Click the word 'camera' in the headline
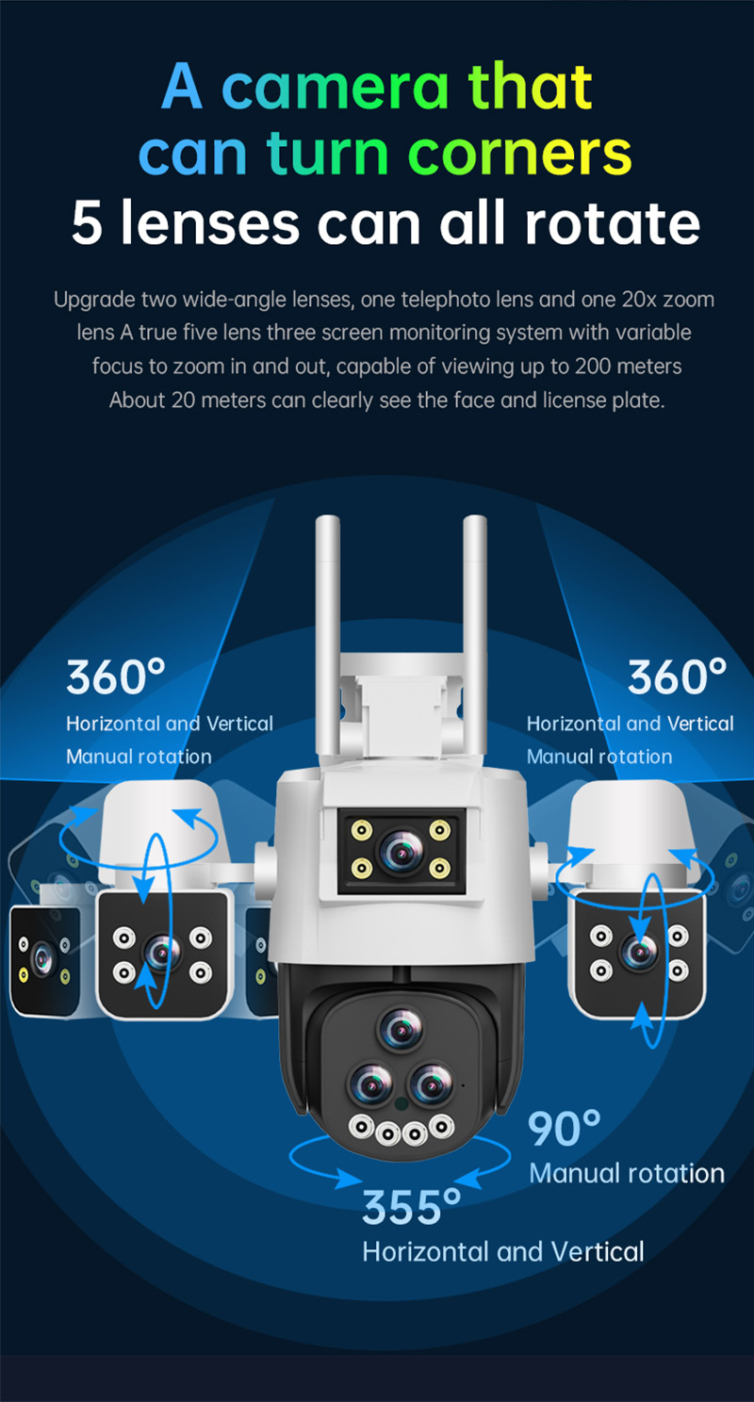(335, 87)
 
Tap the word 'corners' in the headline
(519, 154)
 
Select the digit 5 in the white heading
(87, 222)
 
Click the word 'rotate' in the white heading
(612, 222)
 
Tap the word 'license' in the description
(574, 399)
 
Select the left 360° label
(116, 677)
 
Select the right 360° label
(677, 677)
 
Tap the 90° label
(564, 1129)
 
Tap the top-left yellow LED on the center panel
(362, 831)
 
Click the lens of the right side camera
(639, 952)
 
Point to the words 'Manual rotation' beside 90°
(627, 1174)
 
